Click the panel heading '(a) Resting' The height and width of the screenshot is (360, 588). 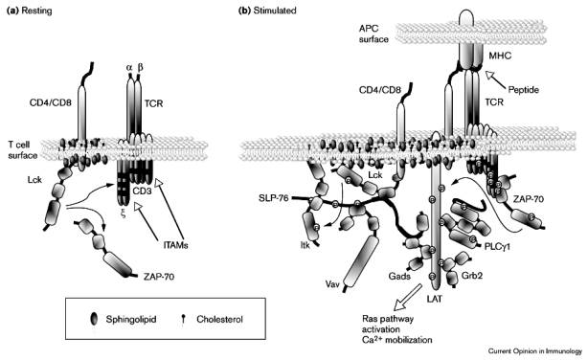click(x=30, y=11)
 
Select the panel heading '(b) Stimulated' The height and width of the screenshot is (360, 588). click(x=267, y=11)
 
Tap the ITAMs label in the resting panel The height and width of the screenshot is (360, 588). click(x=175, y=245)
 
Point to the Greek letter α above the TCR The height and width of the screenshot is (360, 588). click(x=129, y=67)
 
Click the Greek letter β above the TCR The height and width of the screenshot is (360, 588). click(x=140, y=67)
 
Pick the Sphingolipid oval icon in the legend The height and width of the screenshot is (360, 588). click(x=94, y=319)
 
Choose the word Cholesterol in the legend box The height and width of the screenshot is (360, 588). click(x=219, y=320)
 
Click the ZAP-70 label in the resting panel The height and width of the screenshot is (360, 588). click(x=159, y=277)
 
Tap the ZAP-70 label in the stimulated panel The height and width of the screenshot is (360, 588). click(x=529, y=199)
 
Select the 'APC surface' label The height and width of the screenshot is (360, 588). click(x=373, y=34)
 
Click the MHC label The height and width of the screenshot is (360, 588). click(x=500, y=56)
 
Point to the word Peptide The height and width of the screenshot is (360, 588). click(x=523, y=90)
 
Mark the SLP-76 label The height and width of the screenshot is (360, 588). click(x=274, y=197)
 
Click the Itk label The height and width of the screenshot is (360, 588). click(x=305, y=246)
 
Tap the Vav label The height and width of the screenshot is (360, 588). click(x=332, y=283)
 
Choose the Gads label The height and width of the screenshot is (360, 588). click(x=399, y=277)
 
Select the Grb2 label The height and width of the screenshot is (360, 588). click(x=472, y=276)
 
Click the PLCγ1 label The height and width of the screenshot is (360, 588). click(x=497, y=247)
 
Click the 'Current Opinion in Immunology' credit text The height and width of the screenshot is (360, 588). click(x=535, y=351)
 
